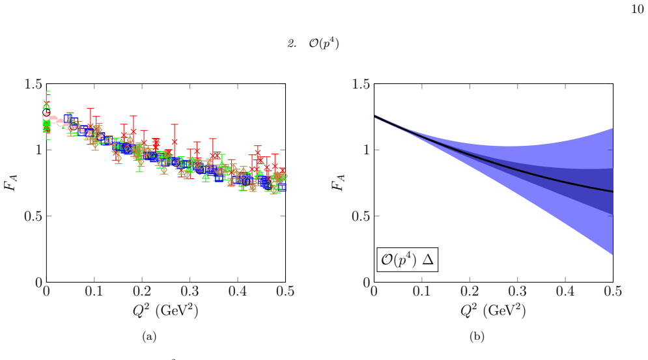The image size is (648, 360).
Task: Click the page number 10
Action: (x=638, y=9)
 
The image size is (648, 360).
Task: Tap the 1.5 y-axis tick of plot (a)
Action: (x=33, y=85)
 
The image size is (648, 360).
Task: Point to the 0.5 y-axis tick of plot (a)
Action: (x=33, y=216)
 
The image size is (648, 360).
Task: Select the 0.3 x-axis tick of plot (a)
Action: (x=190, y=292)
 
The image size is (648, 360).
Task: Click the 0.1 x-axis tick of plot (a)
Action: (x=94, y=292)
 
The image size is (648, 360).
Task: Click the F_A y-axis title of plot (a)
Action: (x=10, y=183)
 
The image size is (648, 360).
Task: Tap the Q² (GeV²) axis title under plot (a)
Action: (x=165, y=311)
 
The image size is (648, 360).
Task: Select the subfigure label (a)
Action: (x=149, y=337)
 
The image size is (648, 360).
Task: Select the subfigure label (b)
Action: (x=477, y=337)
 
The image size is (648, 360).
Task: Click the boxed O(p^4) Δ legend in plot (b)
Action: (x=407, y=260)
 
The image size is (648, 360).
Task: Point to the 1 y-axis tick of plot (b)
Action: (x=366, y=150)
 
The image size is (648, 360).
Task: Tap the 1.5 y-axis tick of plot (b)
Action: (x=361, y=85)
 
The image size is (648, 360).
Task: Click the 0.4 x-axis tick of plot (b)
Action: (x=565, y=292)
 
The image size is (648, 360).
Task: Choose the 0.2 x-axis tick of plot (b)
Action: (x=470, y=292)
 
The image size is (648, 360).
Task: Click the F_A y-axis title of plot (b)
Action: (x=338, y=183)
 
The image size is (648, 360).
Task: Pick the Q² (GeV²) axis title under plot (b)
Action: (x=492, y=311)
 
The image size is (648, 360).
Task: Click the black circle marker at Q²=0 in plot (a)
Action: (x=46, y=113)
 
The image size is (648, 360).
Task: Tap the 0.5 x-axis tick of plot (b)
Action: (x=613, y=292)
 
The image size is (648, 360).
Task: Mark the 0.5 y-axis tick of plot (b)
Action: (x=361, y=216)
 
